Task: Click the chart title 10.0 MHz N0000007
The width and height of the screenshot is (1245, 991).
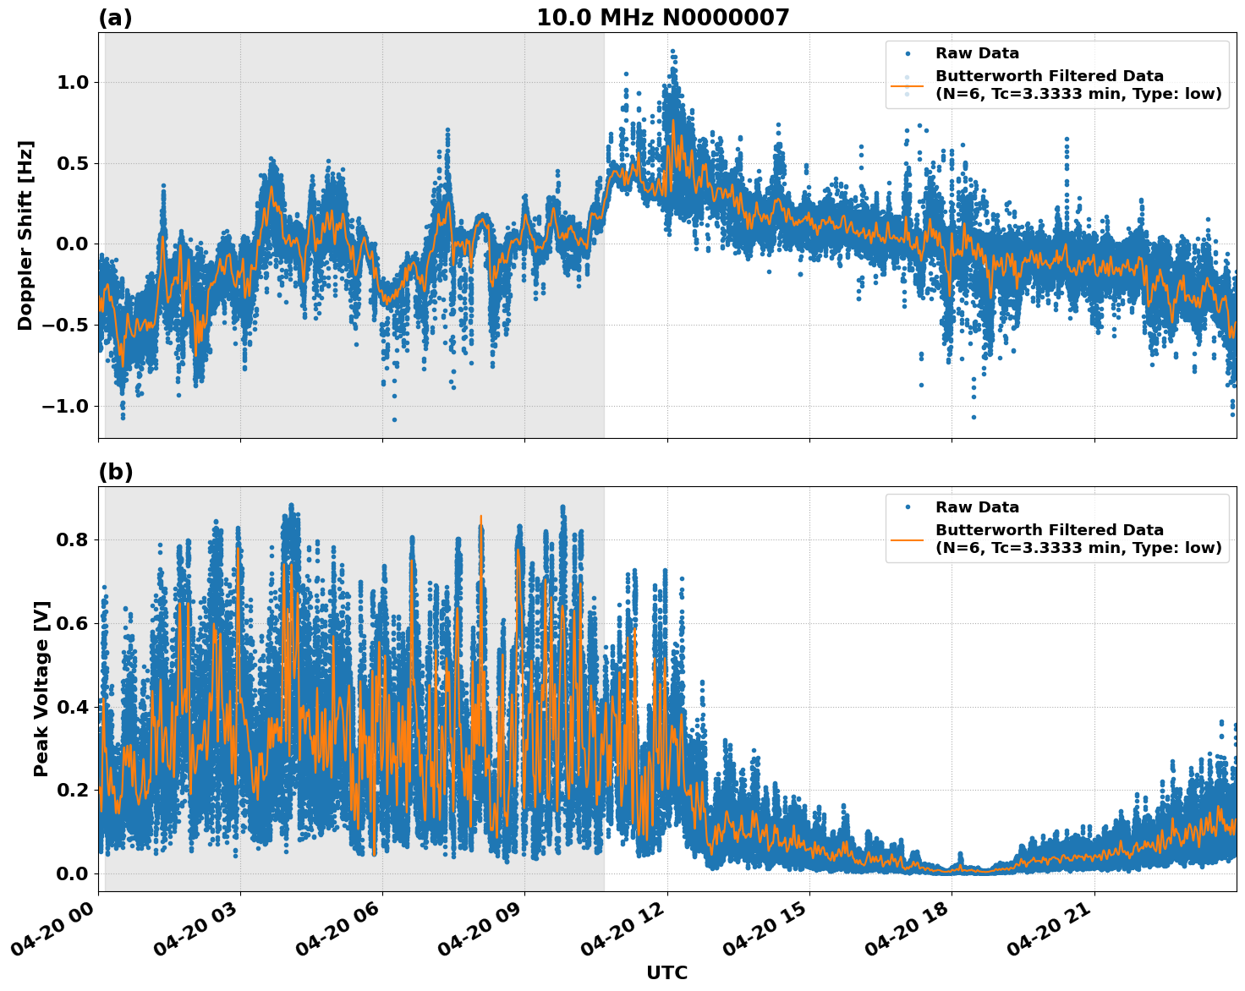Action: [662, 18]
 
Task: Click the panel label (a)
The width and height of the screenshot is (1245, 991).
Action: [115, 18]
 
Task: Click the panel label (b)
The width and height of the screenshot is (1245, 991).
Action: [115, 472]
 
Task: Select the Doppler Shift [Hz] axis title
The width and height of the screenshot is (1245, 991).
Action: [25, 235]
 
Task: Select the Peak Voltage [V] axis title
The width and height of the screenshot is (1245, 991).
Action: [41, 688]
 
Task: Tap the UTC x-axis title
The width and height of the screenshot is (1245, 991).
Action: [666, 972]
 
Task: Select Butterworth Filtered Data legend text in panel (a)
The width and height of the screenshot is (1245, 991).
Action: [1078, 85]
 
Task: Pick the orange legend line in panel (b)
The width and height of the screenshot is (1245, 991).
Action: [908, 539]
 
